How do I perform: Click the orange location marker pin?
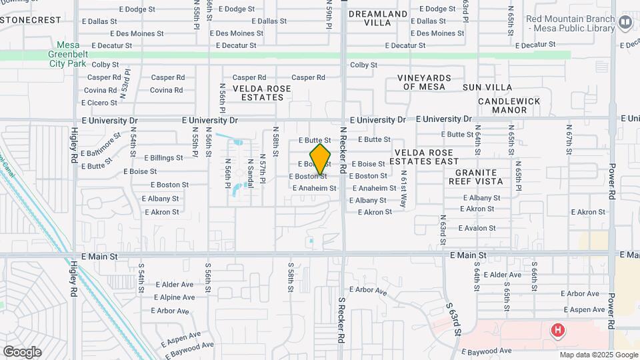point(321,159)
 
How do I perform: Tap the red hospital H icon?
point(557,330)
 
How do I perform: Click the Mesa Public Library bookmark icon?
point(625,23)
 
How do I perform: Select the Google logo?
point(22,352)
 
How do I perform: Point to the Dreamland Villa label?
point(378,18)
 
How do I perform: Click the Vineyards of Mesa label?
point(425,82)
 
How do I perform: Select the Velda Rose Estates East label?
point(424,157)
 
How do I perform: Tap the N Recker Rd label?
point(343,151)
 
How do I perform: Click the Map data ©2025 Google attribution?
point(598,355)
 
